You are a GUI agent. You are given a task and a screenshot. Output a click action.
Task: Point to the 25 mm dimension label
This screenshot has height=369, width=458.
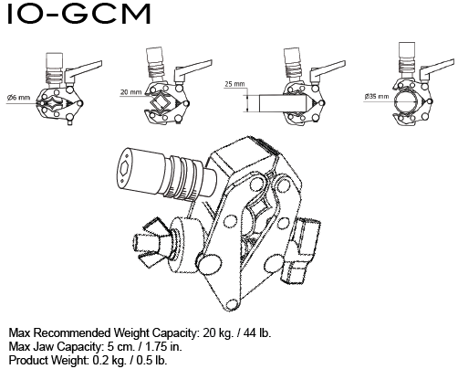(234, 83)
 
